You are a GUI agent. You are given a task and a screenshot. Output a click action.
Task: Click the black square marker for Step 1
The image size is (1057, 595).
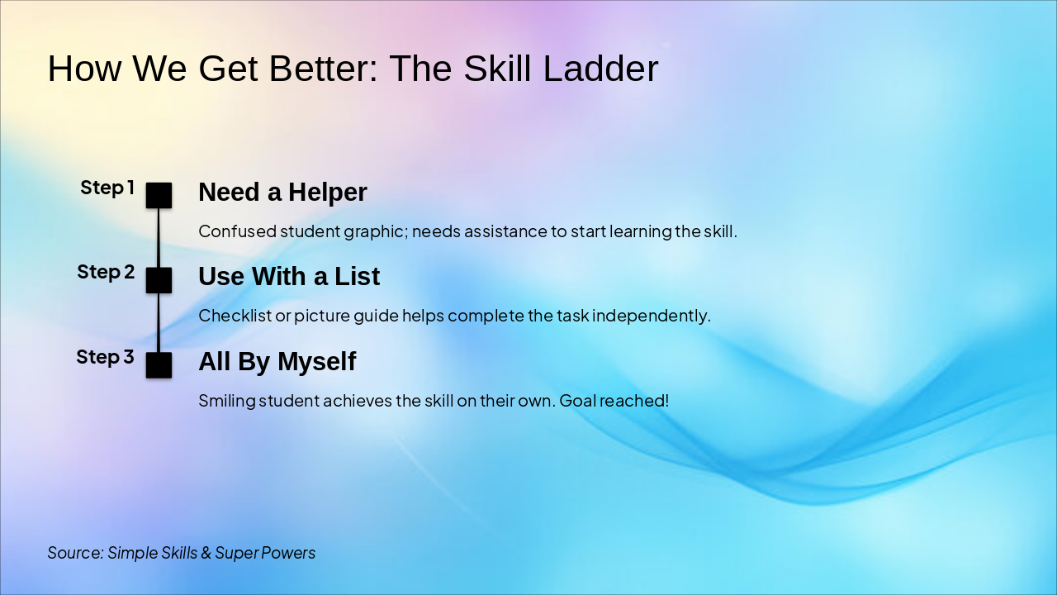click(159, 195)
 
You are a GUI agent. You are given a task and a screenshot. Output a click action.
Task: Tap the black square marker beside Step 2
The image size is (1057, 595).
click(159, 280)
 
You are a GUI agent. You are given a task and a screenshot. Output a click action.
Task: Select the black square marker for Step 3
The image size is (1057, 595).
click(159, 364)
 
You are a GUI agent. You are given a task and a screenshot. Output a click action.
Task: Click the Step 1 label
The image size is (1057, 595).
click(107, 188)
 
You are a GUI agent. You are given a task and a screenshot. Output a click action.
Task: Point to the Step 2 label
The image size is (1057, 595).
click(106, 272)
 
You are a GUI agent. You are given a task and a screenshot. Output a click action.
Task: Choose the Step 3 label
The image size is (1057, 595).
click(105, 357)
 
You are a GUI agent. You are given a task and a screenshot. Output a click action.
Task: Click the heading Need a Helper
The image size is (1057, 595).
click(282, 192)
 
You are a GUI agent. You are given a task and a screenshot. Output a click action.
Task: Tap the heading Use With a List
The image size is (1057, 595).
click(289, 276)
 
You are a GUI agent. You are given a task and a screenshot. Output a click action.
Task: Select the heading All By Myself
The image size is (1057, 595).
click(277, 361)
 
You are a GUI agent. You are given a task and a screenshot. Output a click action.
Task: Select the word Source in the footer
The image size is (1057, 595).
click(75, 552)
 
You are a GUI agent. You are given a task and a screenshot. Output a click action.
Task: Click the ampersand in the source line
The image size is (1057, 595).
click(206, 552)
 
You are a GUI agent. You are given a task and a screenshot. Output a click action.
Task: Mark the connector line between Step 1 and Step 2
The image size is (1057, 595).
click(159, 238)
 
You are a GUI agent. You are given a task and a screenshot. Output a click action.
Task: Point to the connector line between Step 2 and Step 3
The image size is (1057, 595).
click(159, 322)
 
